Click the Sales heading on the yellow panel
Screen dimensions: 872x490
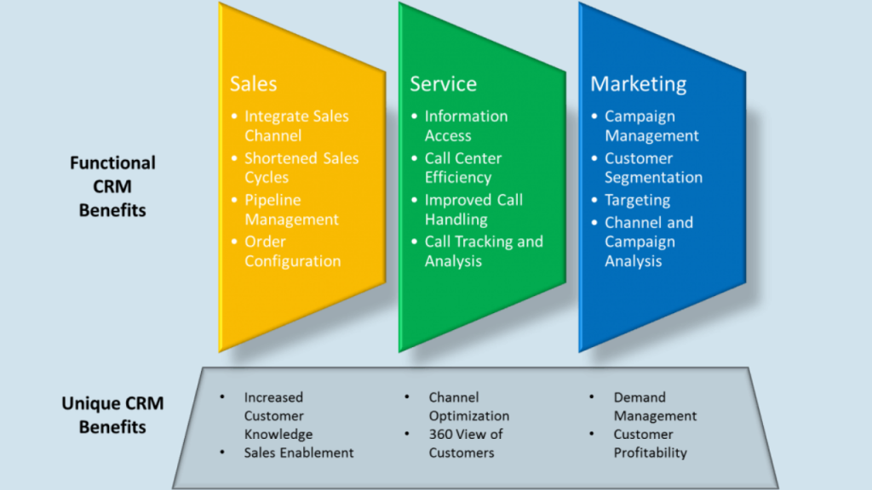[253, 83]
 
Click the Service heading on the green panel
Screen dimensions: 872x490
[443, 83]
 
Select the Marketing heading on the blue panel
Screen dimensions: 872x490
[639, 84]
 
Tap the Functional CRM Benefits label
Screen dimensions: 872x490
[112, 186]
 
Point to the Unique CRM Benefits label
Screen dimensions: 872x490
[112, 414]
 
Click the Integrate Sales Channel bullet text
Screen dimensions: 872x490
[296, 126]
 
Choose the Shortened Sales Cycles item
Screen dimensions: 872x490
[301, 168]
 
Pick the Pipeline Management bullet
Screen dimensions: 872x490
[291, 209]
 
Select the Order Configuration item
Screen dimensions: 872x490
[293, 251]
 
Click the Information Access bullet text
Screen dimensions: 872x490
[466, 126]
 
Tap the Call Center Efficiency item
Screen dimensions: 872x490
[463, 168]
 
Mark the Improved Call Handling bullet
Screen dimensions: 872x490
[473, 209]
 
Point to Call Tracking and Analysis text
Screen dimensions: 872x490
[484, 251]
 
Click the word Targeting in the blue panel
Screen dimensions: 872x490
[637, 200]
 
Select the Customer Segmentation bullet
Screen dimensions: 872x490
[653, 168]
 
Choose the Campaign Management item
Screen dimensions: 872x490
[651, 126]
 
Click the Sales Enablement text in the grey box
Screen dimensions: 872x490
[299, 453]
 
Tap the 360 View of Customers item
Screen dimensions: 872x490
[466, 442]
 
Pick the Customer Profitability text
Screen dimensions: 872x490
[650, 442]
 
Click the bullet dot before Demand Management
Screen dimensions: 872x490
[591, 396]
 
